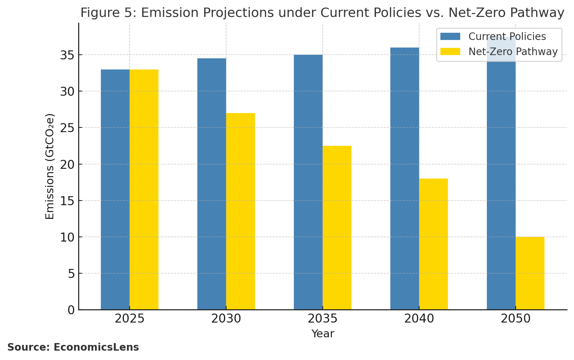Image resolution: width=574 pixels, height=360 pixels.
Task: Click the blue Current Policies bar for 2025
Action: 115,189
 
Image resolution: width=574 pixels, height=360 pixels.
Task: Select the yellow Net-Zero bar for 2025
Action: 144,189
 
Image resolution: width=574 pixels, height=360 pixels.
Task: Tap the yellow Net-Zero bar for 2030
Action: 241,211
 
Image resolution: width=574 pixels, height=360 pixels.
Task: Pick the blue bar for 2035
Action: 308,182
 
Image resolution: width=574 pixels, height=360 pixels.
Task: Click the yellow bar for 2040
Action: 434,244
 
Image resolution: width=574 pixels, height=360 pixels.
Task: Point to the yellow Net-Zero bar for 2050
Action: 530,273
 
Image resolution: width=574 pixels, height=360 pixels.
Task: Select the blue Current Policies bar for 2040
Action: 405,179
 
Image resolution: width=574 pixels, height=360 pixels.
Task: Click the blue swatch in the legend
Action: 450,37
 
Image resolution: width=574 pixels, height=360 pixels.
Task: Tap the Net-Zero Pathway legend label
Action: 513,52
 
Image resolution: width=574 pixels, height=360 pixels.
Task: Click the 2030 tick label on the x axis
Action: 226,319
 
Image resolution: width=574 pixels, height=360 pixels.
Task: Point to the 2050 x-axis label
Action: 516,319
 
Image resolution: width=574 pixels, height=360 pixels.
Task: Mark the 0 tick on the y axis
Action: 71,310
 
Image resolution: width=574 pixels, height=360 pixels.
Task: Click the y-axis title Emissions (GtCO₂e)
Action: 50,166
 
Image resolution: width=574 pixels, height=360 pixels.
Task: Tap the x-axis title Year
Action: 323,334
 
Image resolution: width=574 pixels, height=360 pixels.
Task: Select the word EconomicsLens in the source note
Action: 96,347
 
